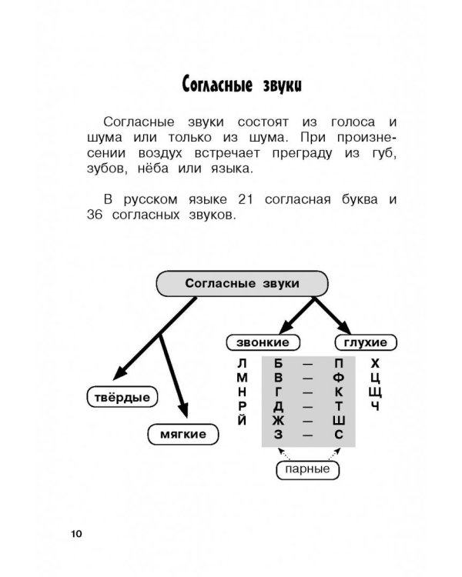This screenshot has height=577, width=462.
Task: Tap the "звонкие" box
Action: pyautogui.click(x=257, y=342)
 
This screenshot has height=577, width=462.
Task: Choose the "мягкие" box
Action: pyautogui.click(x=182, y=434)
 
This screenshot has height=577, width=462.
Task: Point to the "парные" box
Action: pyautogui.click(x=308, y=468)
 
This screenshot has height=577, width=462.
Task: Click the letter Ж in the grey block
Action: pyautogui.click(x=278, y=421)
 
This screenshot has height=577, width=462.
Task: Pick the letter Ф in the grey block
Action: pyautogui.click(x=339, y=378)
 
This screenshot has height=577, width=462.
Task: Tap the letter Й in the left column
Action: pyautogui.click(x=243, y=421)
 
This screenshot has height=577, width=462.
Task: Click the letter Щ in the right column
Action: pyautogui.click(x=375, y=392)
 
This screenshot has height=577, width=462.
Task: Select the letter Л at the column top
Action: pyautogui.click(x=243, y=363)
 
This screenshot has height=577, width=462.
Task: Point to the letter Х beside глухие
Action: pyautogui.click(x=375, y=363)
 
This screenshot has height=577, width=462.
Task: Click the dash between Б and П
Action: pyautogui.click(x=308, y=363)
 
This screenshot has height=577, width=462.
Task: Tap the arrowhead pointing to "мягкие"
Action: pyautogui.click(x=183, y=412)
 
